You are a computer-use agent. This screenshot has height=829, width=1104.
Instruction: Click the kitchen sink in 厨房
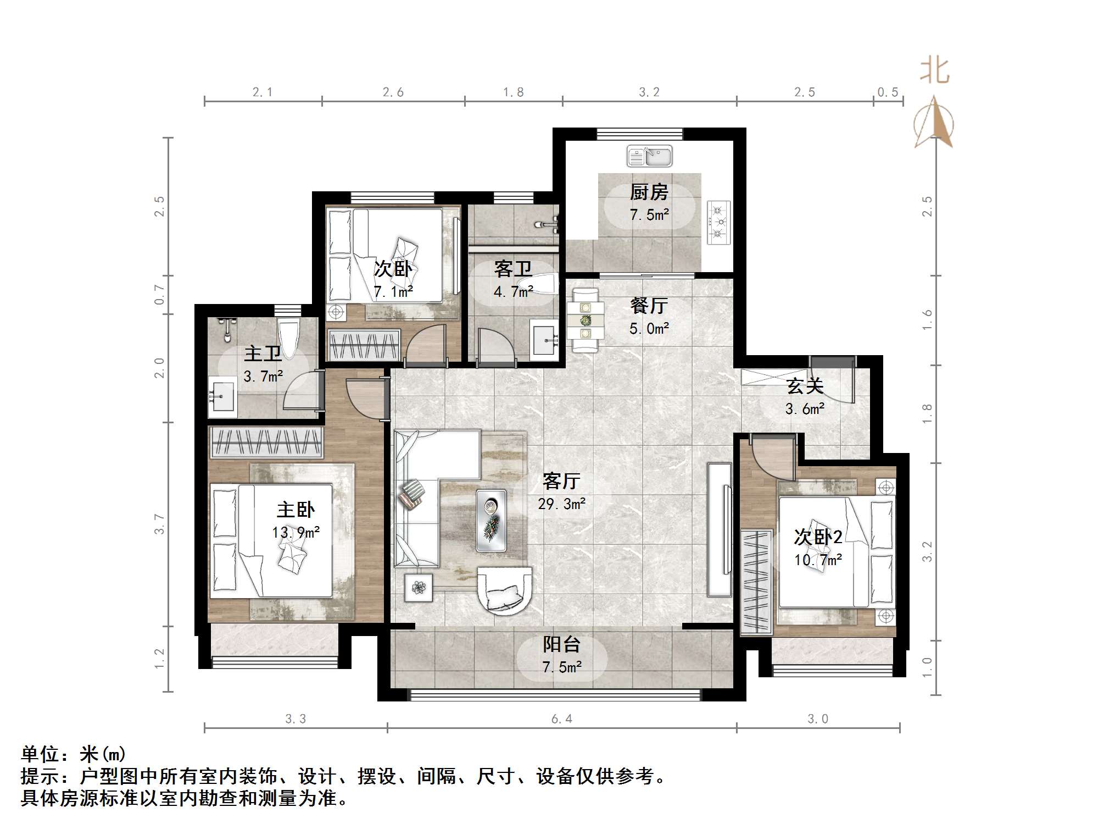[649, 156]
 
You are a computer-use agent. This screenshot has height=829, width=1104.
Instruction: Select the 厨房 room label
[649, 192]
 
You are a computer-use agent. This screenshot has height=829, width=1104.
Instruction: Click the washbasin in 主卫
[222, 395]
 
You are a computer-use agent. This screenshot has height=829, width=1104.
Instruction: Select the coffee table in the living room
[491, 520]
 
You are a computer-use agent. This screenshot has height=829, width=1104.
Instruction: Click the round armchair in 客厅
[504, 590]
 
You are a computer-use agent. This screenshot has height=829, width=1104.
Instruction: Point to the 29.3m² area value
[561, 504]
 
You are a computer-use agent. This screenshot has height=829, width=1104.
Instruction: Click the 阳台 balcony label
[561, 644]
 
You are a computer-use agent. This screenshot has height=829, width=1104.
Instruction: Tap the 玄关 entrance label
[805, 386]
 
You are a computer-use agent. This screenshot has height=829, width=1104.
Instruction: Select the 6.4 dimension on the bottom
[561, 719]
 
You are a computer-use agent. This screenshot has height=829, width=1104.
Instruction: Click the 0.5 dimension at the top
[887, 92]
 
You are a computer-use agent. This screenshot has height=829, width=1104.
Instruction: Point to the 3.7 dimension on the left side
[159, 524]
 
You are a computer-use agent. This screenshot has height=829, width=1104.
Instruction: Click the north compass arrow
[934, 124]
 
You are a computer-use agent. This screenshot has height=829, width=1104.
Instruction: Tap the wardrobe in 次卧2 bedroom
[756, 581]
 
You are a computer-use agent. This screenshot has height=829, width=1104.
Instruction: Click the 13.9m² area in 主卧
[295, 532]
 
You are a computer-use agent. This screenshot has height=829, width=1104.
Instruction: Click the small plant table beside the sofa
[419, 588]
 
